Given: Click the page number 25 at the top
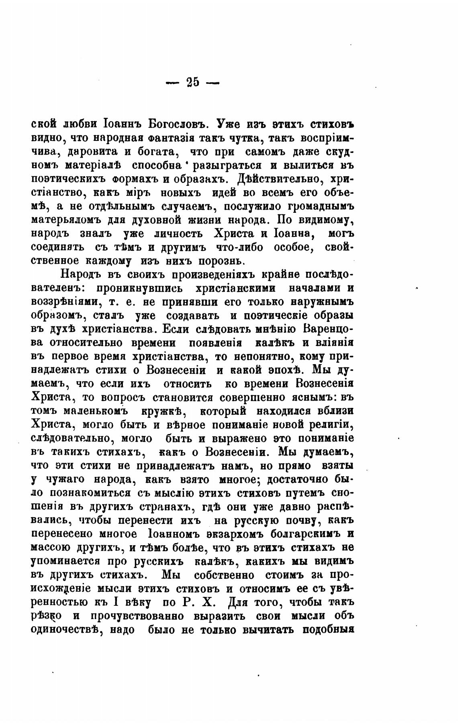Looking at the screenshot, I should (x=192, y=82).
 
